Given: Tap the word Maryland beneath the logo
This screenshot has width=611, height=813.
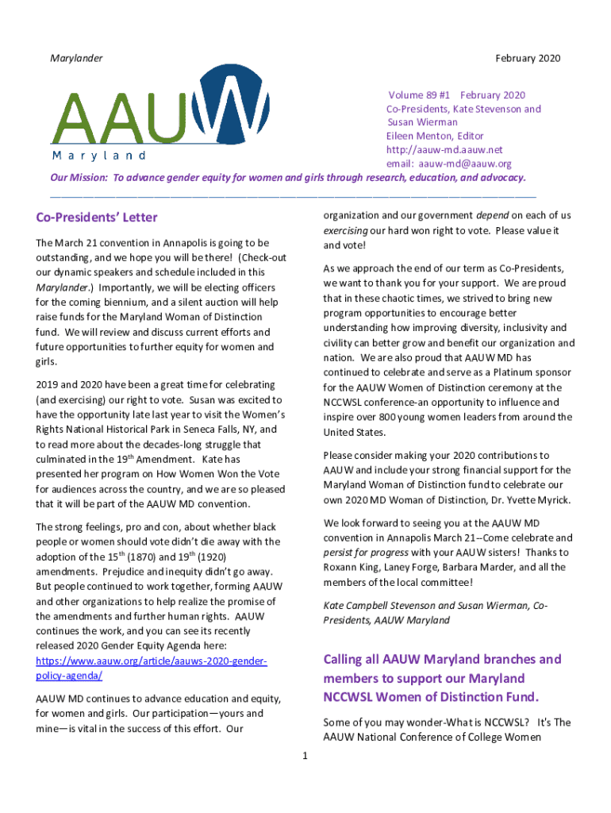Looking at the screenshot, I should click(99, 155).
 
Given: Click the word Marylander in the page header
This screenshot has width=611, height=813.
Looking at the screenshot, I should click(76, 58).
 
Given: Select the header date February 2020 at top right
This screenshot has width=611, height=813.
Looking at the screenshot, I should click(528, 58).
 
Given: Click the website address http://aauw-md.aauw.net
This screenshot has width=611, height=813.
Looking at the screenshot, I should click(444, 150).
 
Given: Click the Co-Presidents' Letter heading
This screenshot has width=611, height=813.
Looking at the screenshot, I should click(97, 218).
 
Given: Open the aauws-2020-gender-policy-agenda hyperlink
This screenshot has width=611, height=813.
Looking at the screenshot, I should click(152, 669).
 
